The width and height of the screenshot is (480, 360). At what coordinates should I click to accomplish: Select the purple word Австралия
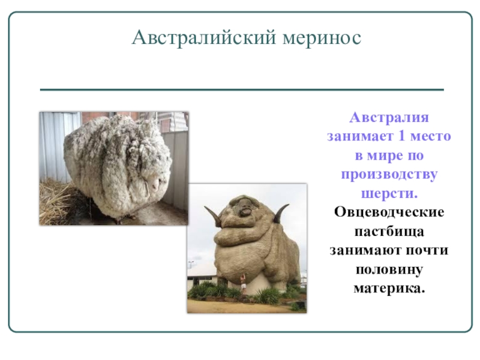tap(389, 117)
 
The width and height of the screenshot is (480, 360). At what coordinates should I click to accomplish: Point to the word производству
tap(389, 175)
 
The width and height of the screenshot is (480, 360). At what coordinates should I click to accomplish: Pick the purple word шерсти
tap(389, 194)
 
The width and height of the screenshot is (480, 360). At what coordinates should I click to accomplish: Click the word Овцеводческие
tap(389, 213)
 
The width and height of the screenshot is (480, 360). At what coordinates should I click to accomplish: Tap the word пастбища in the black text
tap(389, 232)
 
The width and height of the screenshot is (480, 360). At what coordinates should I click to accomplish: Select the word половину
tap(389, 270)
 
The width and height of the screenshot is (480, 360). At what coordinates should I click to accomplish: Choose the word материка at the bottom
tap(388, 289)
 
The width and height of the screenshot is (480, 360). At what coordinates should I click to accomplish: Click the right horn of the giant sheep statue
tap(280, 214)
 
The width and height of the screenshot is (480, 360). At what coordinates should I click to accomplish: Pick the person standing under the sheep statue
tap(244, 283)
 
